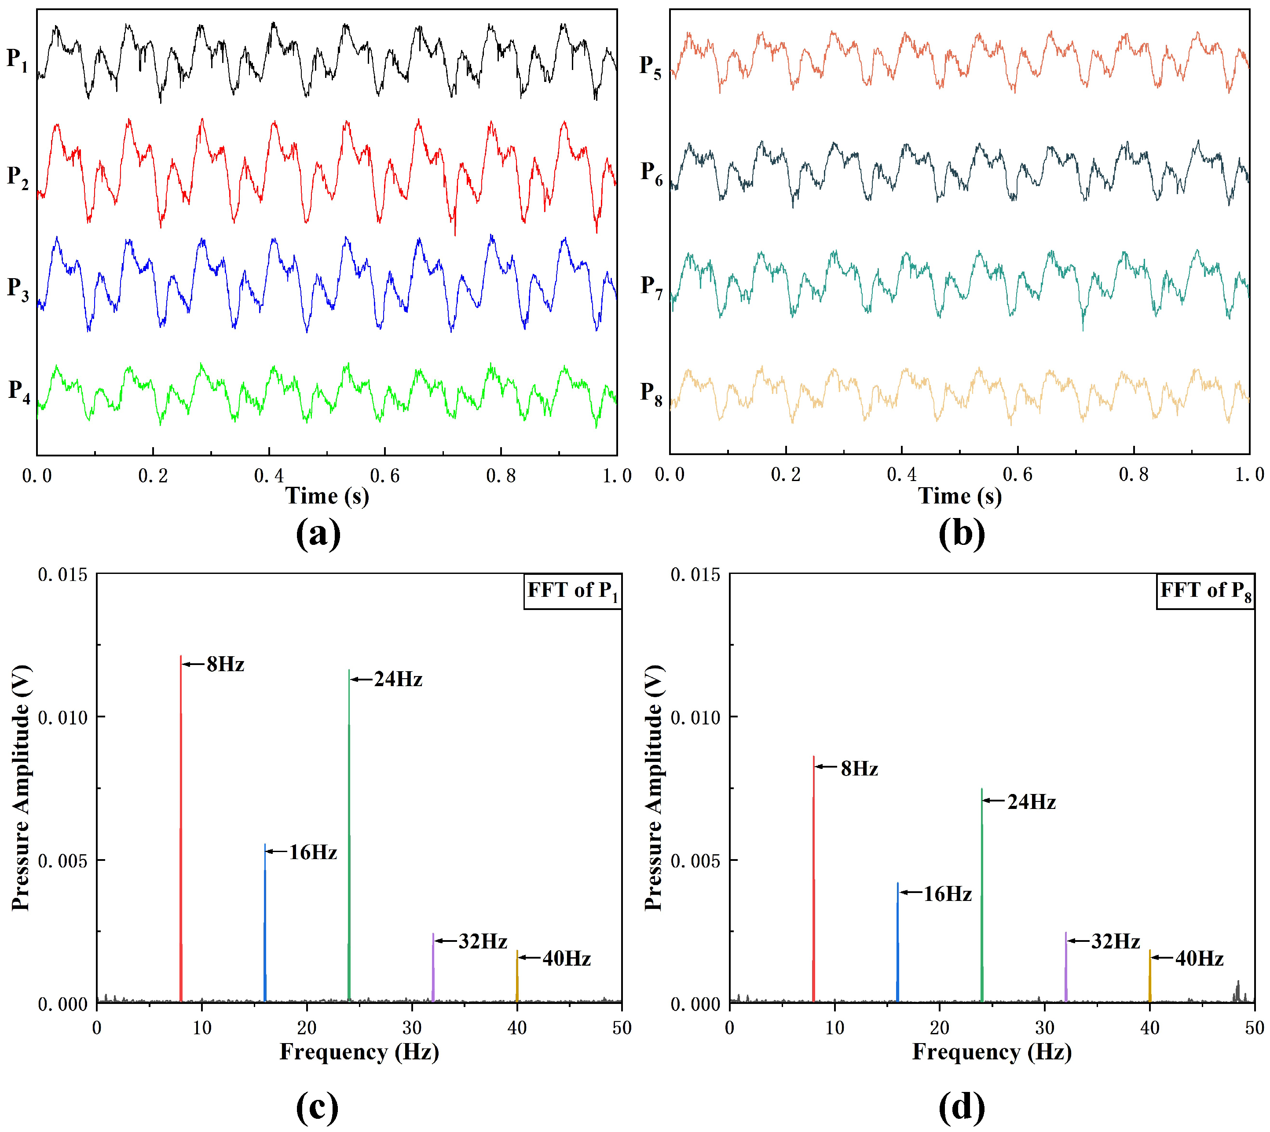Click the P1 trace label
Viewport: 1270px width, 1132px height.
pos(18,60)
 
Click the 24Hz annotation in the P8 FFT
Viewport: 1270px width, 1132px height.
pos(1031,802)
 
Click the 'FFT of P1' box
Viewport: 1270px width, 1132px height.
pos(572,591)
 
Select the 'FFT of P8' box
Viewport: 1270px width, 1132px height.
pos(1205,591)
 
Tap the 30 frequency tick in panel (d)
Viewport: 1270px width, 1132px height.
pos(1044,1028)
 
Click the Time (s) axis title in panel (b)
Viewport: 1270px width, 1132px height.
pos(960,496)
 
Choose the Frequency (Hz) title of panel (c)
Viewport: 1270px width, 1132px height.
pos(359,1052)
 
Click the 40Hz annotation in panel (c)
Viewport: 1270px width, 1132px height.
pos(566,959)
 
